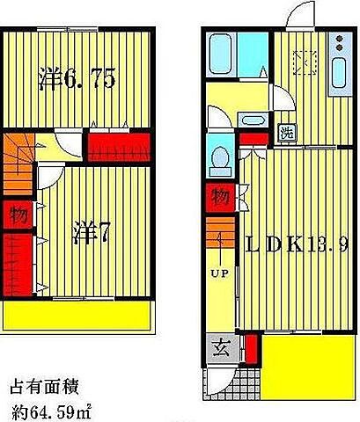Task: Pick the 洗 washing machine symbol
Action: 286,133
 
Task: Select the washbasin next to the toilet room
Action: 252,121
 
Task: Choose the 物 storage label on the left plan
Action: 18,214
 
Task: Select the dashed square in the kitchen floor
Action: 305,62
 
